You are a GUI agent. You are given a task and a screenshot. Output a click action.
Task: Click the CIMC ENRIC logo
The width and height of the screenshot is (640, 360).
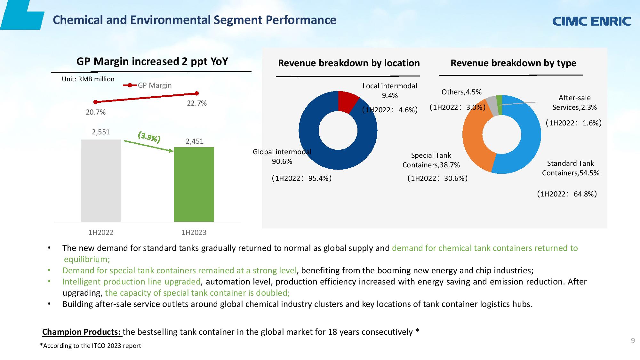click(x=592, y=21)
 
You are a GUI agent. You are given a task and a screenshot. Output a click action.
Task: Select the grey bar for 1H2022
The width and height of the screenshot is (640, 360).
click(x=101, y=181)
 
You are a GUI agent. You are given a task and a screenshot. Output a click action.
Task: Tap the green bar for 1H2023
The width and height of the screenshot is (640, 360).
click(x=194, y=184)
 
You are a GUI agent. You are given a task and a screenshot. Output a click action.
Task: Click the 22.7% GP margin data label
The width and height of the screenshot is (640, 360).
click(x=197, y=103)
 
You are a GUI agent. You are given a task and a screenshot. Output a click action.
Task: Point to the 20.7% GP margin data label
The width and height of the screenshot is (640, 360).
click(x=96, y=112)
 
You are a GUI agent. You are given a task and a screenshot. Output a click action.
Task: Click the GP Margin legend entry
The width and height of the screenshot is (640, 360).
click(x=148, y=85)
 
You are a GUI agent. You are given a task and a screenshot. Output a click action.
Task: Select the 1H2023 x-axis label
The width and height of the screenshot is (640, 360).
click(x=194, y=233)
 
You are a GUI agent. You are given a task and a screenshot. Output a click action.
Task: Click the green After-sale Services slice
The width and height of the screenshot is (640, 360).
click(x=499, y=105)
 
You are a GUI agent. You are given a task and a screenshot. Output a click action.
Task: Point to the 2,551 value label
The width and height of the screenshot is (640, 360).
click(x=101, y=132)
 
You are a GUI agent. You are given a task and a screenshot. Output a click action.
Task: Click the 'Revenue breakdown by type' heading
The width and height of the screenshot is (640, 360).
click(x=513, y=63)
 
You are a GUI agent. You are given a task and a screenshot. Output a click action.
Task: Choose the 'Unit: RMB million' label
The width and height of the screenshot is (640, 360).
click(x=88, y=79)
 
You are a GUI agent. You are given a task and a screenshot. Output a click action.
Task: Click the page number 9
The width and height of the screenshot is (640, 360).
click(x=633, y=340)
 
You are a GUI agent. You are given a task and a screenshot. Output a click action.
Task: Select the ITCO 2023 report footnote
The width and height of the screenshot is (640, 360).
click(x=90, y=346)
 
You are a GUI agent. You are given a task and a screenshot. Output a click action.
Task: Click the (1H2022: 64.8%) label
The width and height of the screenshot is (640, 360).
click(x=567, y=194)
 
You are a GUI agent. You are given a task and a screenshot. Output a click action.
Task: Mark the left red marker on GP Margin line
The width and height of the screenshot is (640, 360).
click(x=95, y=102)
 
